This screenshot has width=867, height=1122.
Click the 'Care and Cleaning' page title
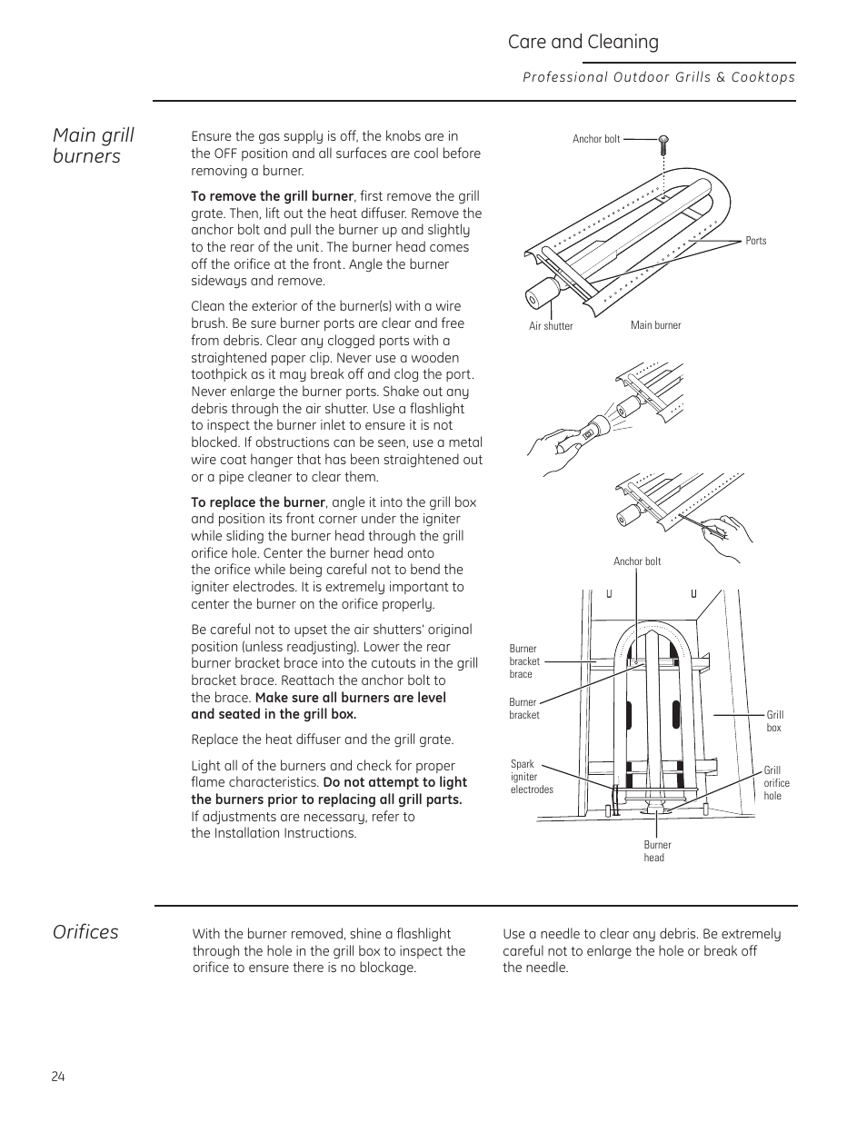583,42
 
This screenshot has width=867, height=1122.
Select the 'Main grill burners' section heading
93,145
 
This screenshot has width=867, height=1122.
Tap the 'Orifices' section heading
85,932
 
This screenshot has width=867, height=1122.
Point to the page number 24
58,1077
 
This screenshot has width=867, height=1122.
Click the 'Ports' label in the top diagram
755,241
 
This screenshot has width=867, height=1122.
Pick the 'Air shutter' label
551,326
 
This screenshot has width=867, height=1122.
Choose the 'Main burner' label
655,325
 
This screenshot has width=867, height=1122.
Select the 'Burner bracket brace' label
523,661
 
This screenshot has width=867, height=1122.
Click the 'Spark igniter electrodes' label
531,777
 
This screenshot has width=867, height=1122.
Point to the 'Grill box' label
774,721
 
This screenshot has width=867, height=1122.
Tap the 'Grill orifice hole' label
776,783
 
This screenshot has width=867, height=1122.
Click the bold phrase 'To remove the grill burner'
272,196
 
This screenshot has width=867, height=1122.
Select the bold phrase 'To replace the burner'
258,502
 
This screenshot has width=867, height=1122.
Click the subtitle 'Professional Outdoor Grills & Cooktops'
658,77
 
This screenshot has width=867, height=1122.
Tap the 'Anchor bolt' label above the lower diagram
636,561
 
